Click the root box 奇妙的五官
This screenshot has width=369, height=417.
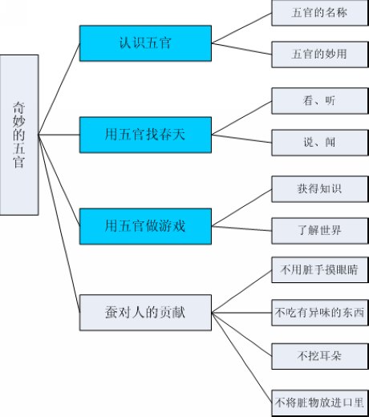click(19, 135)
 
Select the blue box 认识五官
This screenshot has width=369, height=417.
click(145, 43)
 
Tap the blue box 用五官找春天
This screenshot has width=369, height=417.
click(145, 135)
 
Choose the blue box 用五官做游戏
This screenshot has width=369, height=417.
click(145, 226)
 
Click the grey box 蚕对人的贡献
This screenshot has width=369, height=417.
click(145, 313)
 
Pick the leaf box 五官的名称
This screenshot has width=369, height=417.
click(320, 13)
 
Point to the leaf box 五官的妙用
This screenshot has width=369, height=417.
click(320, 55)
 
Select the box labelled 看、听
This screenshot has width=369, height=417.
click(320, 101)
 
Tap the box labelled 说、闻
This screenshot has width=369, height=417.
click(320, 143)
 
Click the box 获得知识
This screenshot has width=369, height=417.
click(320, 189)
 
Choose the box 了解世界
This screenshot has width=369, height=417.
click(320, 230)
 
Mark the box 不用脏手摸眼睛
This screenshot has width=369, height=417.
click(320, 269)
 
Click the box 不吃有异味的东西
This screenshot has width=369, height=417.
click(320, 313)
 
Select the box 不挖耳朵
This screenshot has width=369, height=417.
click(320, 356)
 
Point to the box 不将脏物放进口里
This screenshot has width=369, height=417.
click(320, 403)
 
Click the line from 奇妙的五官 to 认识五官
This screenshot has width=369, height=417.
click(59, 89)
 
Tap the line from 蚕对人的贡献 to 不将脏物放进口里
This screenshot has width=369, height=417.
click(241, 358)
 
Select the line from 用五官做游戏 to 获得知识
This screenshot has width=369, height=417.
click(241, 208)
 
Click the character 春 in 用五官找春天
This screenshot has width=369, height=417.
click(165, 135)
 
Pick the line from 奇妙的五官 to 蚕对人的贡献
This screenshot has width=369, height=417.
click(59, 224)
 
